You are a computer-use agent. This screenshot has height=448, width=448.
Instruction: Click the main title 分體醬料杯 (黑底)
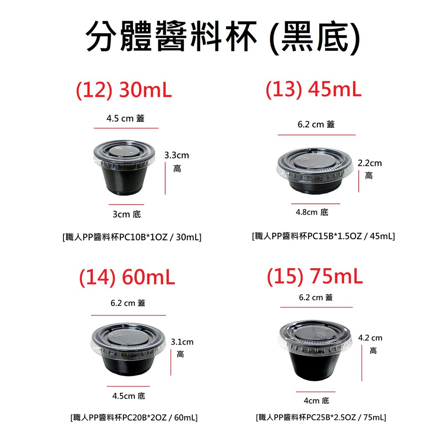(x=223, y=37)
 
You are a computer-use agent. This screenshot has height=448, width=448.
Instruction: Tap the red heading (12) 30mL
(x=124, y=90)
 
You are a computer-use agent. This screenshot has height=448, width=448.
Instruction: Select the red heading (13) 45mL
(x=313, y=89)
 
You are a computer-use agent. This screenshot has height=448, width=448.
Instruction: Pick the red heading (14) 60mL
(x=127, y=277)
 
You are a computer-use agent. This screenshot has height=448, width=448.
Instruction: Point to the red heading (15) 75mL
(x=315, y=276)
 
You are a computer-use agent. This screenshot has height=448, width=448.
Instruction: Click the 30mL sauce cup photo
(x=124, y=168)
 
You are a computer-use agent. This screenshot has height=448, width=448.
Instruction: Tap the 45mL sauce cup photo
(x=315, y=171)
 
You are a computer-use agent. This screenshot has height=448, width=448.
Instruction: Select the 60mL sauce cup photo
(x=128, y=349)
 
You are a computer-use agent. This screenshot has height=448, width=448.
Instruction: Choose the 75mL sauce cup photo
(x=315, y=350)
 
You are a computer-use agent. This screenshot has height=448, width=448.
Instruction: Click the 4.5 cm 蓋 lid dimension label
(x=126, y=118)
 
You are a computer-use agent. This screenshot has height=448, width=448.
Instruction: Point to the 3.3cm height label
(x=177, y=162)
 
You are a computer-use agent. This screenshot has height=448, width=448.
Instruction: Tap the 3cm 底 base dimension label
(x=126, y=214)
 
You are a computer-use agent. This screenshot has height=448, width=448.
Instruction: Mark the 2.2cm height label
(x=370, y=169)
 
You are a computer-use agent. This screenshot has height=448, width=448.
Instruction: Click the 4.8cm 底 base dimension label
(x=312, y=212)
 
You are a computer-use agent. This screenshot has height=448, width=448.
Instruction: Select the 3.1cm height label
(x=182, y=348)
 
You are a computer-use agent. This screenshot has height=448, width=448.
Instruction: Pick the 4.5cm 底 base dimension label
(x=129, y=396)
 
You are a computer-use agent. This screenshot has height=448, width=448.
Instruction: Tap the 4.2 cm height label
(x=370, y=344)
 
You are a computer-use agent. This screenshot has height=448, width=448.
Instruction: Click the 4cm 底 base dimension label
(x=316, y=401)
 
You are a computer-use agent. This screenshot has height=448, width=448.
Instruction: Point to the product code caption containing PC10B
(x=132, y=237)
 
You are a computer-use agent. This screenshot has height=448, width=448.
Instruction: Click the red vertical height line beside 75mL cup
(x=362, y=363)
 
